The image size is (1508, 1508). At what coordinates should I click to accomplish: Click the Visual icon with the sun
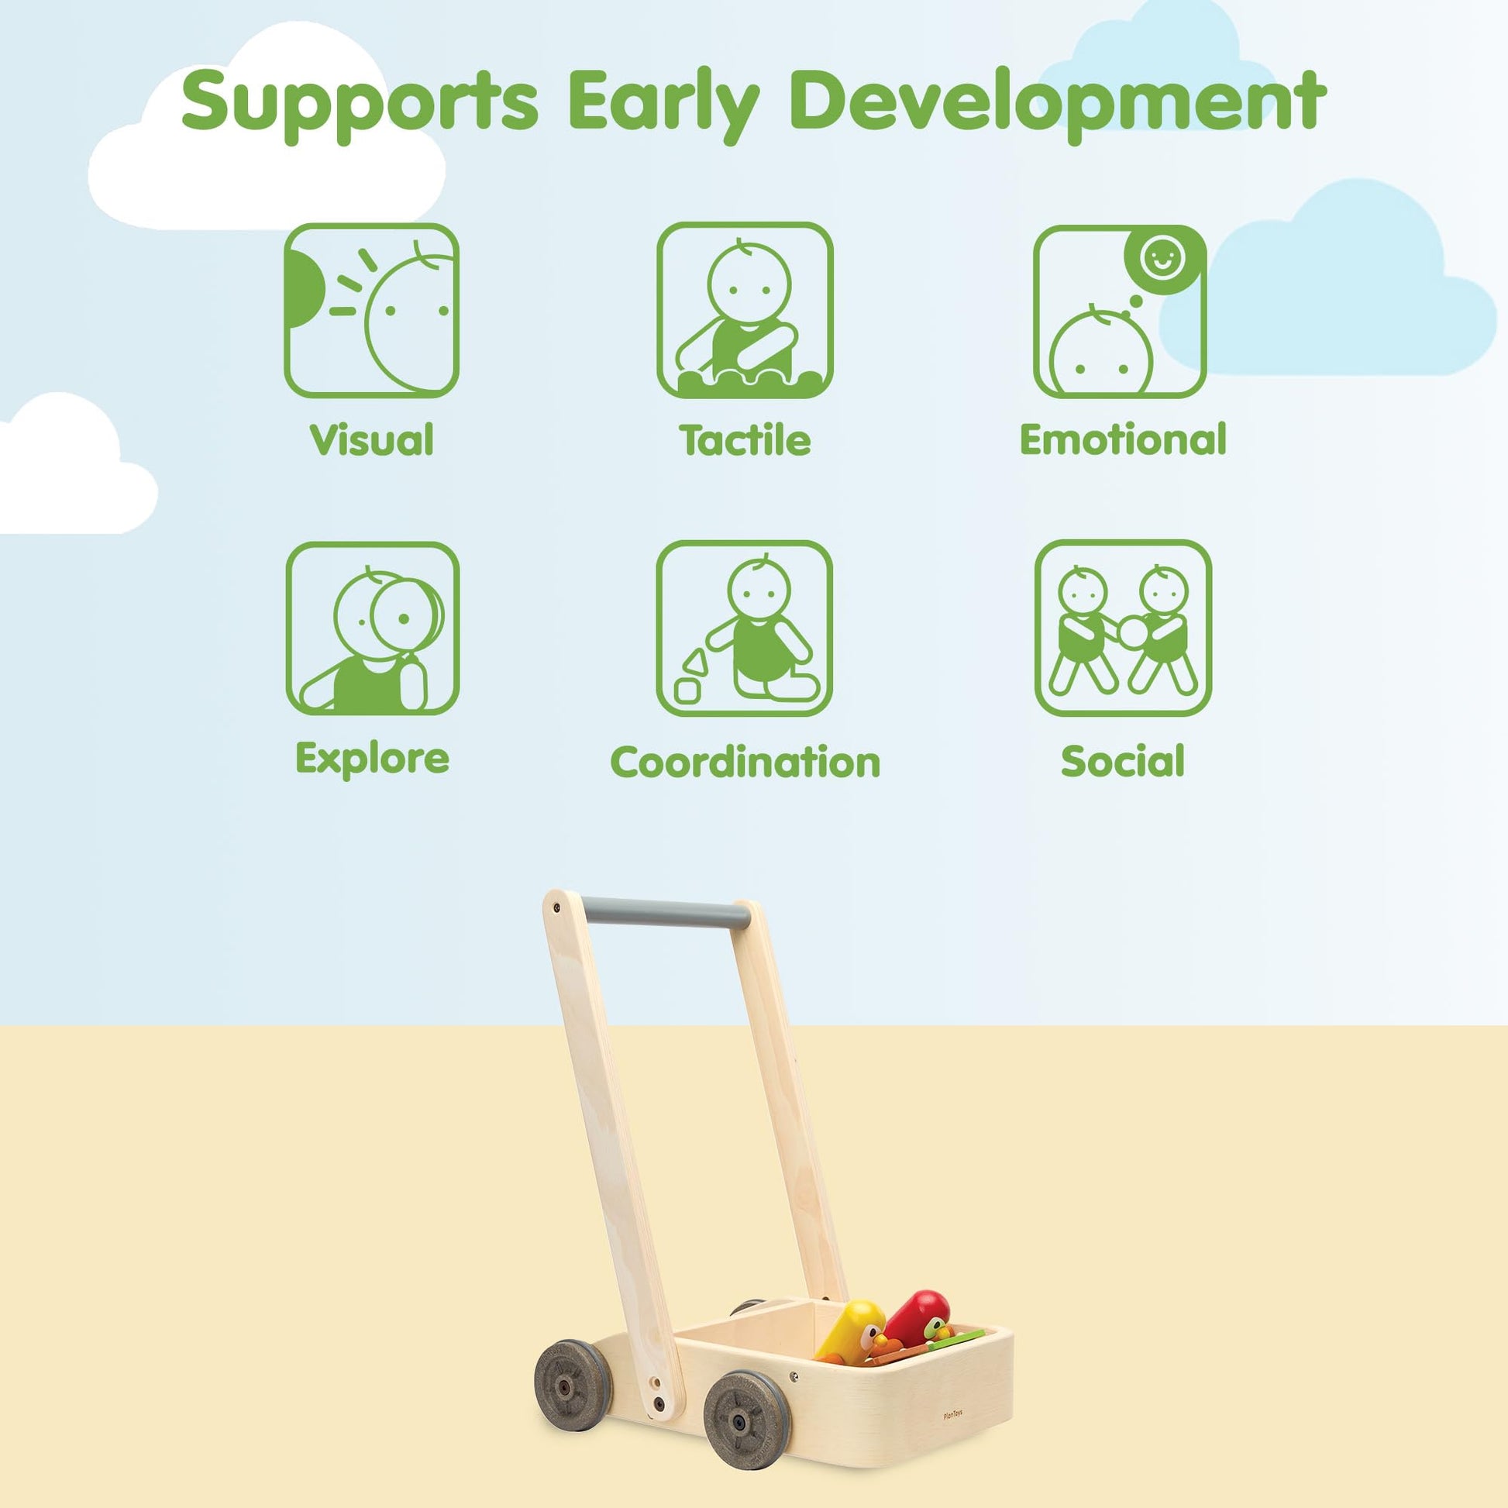(x=371, y=311)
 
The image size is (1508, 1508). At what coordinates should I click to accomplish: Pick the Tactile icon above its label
(x=745, y=310)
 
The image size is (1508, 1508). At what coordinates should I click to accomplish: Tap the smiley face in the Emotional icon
(x=1162, y=258)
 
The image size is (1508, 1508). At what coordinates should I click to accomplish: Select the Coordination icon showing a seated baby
(x=745, y=628)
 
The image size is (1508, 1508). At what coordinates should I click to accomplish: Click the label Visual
(x=371, y=439)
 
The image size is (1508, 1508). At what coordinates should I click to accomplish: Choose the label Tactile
(x=745, y=440)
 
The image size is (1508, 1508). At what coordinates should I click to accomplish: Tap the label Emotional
(x=1123, y=439)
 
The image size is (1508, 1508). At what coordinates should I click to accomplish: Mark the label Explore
(x=372, y=758)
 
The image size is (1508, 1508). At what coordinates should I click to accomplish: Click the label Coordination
(x=745, y=762)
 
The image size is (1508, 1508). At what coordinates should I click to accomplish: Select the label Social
(x=1122, y=761)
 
